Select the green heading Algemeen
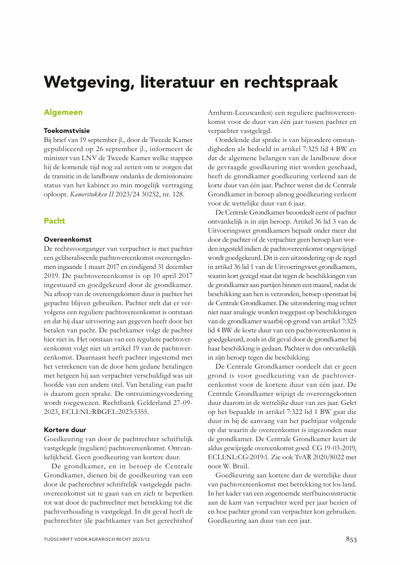click(x=63, y=112)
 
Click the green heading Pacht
click(x=54, y=221)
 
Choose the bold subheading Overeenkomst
click(x=68, y=239)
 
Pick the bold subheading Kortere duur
click(x=65, y=430)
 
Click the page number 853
click(x=351, y=539)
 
